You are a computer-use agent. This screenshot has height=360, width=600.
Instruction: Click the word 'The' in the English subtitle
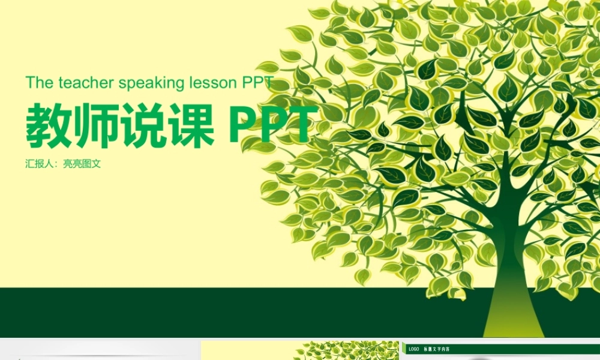pos(40,83)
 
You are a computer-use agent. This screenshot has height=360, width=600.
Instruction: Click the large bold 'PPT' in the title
pos(273,127)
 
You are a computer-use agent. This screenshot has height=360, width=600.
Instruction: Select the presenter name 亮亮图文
pos(82,163)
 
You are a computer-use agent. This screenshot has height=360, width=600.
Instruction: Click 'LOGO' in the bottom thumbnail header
pos(414,349)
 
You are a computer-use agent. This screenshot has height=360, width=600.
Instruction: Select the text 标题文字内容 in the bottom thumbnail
pos(437,349)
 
